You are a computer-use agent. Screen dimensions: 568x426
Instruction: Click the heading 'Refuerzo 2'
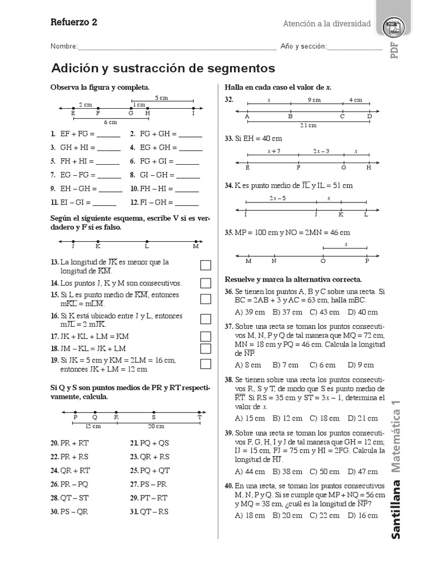[74, 22]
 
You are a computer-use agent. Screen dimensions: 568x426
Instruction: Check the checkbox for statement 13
[206, 266]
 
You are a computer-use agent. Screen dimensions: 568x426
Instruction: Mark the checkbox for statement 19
[206, 364]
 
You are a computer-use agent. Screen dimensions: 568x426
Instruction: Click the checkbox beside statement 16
[206, 319]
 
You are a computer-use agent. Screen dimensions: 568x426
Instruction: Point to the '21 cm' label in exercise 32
[308, 125]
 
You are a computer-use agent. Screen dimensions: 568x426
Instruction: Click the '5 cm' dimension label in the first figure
[161, 98]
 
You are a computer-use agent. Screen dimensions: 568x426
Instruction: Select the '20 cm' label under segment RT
[156, 425]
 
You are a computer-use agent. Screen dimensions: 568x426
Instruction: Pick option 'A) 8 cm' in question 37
[248, 364]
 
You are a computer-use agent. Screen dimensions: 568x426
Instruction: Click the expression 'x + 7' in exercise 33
[273, 151]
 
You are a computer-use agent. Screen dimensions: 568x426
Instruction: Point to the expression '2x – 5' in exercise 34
[277, 198]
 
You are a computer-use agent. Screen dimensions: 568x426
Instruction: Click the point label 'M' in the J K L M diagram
[195, 246]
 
